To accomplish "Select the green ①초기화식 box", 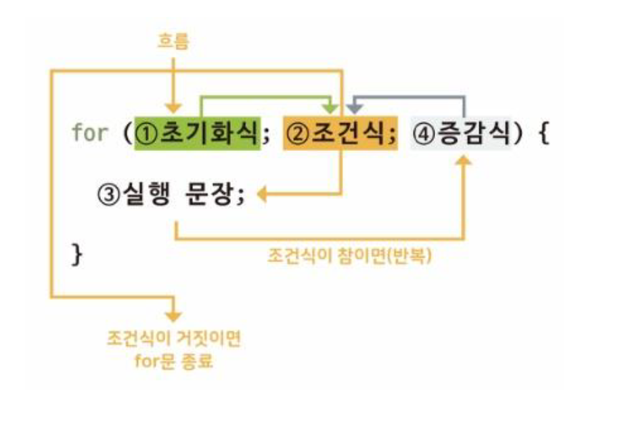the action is (197, 133).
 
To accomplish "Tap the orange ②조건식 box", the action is (340, 133).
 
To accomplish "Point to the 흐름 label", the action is (173, 42).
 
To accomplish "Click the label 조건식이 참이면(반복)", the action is (349, 257).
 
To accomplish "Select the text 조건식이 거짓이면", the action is (173, 338).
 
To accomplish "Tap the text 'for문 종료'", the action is (174, 360).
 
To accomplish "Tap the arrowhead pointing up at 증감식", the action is (464, 160).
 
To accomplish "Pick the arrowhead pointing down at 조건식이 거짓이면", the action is (173, 315).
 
